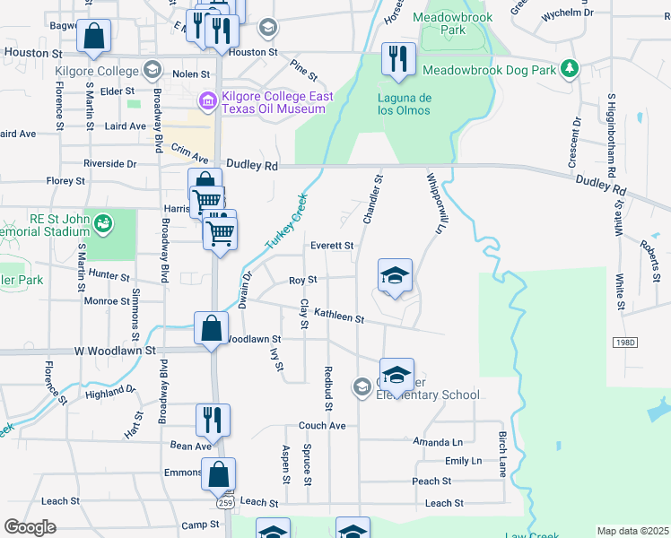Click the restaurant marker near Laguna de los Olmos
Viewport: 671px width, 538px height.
[395, 59]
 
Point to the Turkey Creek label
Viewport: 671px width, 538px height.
[286, 221]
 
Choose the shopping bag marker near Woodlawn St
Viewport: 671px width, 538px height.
[212, 328]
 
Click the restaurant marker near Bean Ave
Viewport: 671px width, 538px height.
[213, 420]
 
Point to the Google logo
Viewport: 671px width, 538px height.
[30, 527]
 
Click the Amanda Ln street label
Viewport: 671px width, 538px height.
[438, 442]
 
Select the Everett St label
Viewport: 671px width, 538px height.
[332, 245]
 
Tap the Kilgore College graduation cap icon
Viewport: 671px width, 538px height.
[152, 70]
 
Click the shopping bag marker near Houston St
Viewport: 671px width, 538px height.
[93, 37]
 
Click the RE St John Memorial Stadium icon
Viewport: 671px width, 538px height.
[104, 221]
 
